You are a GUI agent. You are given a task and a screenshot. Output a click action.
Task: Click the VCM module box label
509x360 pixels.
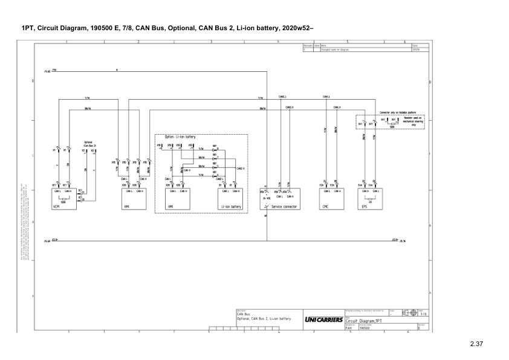(x=55, y=206)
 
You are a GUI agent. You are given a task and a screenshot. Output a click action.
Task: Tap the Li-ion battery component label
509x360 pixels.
(x=231, y=206)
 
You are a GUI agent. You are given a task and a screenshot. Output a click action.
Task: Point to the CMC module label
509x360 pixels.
(x=325, y=206)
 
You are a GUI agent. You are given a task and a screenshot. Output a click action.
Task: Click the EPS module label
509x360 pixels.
(x=364, y=206)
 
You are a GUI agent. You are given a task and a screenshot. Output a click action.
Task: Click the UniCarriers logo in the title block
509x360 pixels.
(x=324, y=319)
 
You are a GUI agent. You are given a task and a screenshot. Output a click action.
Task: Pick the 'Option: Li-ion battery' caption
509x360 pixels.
(x=181, y=137)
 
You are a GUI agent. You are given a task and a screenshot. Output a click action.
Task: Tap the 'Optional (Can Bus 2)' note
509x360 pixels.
(x=89, y=144)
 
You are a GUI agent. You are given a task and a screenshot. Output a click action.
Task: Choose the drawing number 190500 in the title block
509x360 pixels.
(x=365, y=329)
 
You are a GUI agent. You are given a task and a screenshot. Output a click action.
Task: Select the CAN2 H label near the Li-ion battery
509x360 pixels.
(x=240, y=169)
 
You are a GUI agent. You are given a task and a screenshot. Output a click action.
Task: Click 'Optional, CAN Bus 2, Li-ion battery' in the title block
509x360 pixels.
(x=264, y=318)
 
